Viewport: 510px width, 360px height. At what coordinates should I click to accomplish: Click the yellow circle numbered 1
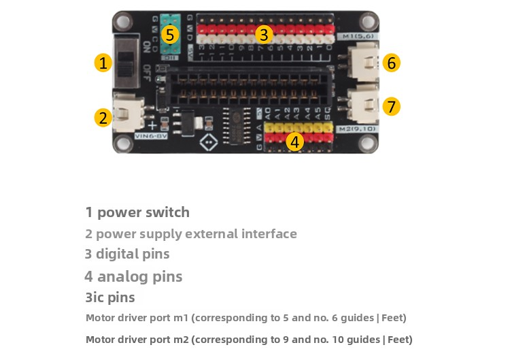[x=103, y=63]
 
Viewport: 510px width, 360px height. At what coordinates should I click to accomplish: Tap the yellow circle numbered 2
[x=103, y=117]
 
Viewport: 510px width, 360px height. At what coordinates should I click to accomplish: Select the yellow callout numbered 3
[x=265, y=34]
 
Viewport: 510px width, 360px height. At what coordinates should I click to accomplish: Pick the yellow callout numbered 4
[x=294, y=142]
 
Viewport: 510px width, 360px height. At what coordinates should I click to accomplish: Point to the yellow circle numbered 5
[x=171, y=34]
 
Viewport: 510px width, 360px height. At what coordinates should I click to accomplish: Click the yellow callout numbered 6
[x=391, y=63]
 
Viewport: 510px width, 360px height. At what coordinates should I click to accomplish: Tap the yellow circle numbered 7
[x=391, y=107]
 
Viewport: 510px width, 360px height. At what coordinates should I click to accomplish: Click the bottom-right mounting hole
[x=369, y=143]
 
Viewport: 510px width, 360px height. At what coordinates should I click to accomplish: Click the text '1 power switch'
[x=137, y=212]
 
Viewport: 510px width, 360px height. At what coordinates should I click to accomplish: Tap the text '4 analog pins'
[x=133, y=276]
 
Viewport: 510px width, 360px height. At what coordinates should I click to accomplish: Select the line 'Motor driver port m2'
[x=249, y=340]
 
